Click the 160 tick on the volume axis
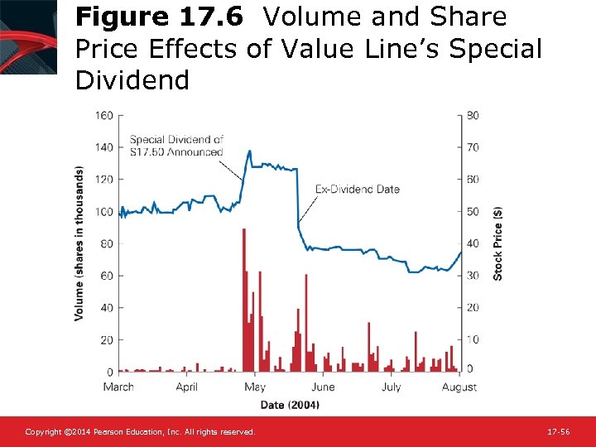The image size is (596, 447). point(103,115)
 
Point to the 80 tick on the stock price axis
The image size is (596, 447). point(472,115)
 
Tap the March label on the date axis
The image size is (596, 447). point(118,387)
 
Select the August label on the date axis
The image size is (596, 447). point(459,387)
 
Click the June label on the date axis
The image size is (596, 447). point(323,387)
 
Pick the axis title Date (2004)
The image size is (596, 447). point(290,404)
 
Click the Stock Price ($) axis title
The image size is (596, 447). point(497,243)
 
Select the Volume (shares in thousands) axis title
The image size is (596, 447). point(79,243)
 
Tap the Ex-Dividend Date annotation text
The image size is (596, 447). point(358,189)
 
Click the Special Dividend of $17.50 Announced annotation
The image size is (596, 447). point(176,146)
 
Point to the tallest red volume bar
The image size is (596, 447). point(243,298)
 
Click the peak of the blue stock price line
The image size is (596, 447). point(249,151)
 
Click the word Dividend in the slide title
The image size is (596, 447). point(132,80)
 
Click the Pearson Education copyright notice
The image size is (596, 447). point(140,432)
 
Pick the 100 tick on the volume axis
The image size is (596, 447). point(103,212)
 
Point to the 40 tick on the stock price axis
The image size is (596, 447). point(472,243)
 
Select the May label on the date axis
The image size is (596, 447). point(255,387)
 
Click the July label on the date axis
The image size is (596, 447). point(391,387)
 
